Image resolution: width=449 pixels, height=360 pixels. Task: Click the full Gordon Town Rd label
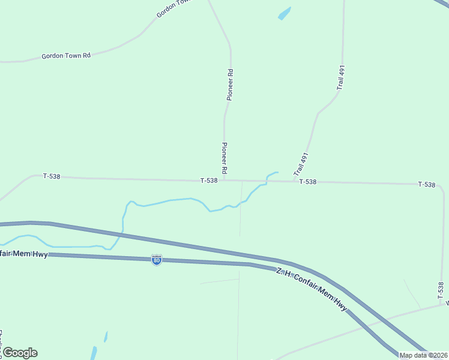(x=66, y=56)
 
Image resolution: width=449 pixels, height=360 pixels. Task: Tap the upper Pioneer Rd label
(x=230, y=85)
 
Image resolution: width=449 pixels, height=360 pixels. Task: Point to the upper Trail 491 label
(x=340, y=79)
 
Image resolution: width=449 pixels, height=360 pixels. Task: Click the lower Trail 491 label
(x=301, y=164)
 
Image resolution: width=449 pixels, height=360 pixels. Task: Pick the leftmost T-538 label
(x=52, y=176)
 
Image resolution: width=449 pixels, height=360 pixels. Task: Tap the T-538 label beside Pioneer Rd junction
(x=209, y=181)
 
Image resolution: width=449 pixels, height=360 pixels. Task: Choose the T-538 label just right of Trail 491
(x=307, y=182)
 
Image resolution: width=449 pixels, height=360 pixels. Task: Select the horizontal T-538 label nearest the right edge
(x=426, y=184)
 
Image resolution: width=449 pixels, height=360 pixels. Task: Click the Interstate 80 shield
(x=156, y=260)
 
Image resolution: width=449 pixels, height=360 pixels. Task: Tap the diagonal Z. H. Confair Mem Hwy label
(x=312, y=289)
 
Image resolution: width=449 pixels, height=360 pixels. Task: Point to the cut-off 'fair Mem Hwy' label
(x=24, y=254)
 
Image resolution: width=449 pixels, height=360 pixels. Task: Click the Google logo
(x=20, y=352)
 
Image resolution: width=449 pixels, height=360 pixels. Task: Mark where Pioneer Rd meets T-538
(x=224, y=180)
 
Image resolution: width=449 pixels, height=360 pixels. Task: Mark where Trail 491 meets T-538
(x=294, y=181)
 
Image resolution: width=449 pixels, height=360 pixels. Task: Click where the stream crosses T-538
(x=267, y=181)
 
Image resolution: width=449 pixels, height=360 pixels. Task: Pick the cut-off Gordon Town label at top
(x=173, y=8)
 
